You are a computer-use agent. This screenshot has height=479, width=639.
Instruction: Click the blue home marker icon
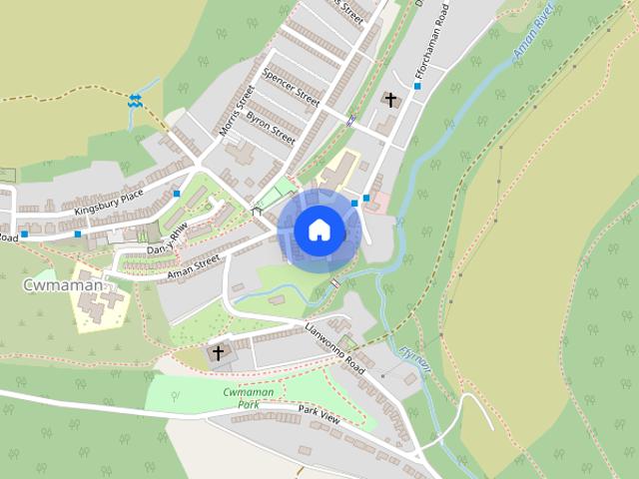click(319, 230)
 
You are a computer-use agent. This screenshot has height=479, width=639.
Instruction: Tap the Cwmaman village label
click(61, 285)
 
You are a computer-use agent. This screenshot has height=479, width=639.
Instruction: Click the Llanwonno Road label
click(335, 348)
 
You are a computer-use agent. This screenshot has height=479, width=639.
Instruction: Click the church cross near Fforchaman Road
click(390, 100)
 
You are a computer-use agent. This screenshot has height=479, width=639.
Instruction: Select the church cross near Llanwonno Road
click(217, 353)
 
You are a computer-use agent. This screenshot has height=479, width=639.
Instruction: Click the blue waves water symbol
click(135, 100)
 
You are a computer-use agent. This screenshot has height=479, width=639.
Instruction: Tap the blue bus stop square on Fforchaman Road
click(417, 87)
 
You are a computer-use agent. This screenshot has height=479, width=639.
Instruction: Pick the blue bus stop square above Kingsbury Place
click(177, 194)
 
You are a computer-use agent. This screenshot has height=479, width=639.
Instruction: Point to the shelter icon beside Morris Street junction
click(257, 211)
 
